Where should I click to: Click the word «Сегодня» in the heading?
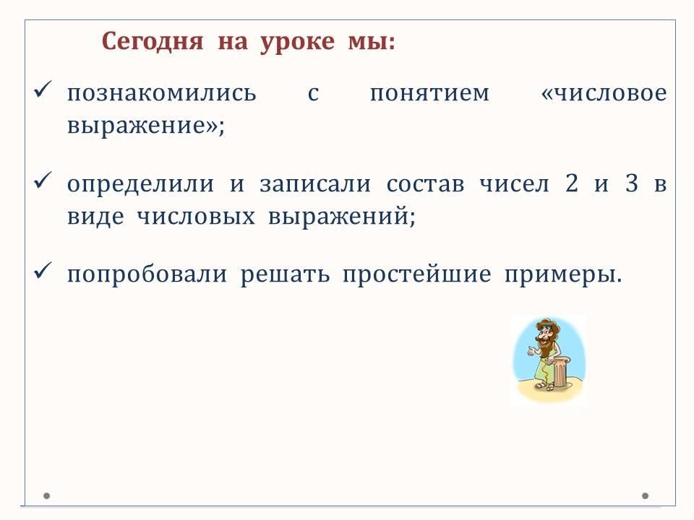tap(153, 43)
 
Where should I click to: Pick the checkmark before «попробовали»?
tap(43, 270)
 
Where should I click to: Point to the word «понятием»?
tap(429, 93)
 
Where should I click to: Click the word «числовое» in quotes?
tap(610, 93)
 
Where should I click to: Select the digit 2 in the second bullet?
tap(571, 183)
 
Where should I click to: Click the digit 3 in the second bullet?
tap(632, 183)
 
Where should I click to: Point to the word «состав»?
tap(425, 184)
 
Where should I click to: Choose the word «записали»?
tap(315, 184)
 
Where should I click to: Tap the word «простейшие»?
tap(417, 274)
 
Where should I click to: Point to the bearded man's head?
tap(547, 332)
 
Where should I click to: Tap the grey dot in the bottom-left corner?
tap(46, 496)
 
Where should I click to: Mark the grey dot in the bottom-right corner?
tap(646, 496)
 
